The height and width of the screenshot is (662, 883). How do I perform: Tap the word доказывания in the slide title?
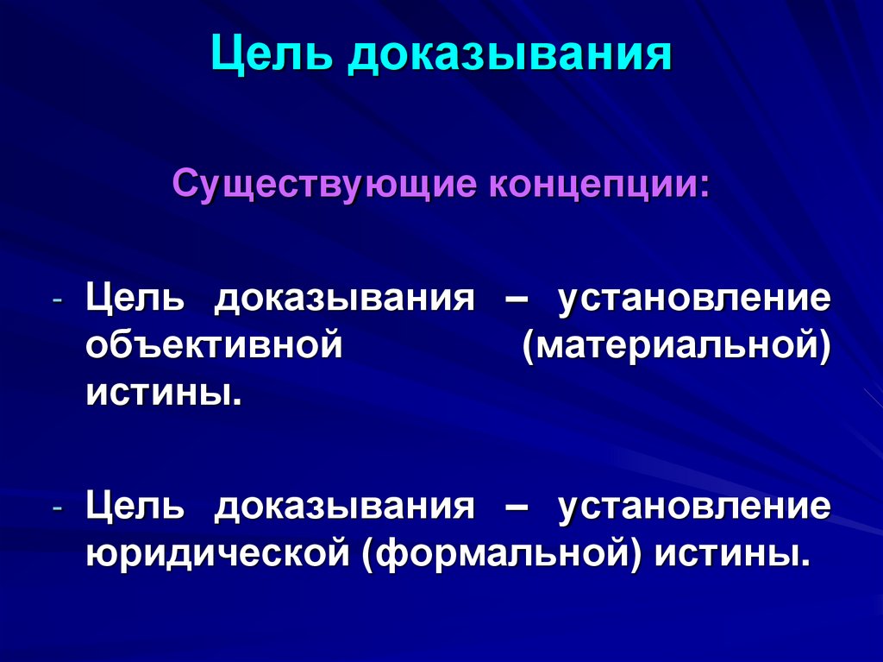click(x=510, y=56)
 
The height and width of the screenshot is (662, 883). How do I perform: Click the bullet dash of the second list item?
click(x=57, y=509)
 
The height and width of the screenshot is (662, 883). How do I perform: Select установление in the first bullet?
click(x=694, y=299)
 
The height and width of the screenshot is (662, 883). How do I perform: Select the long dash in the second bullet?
click(x=516, y=507)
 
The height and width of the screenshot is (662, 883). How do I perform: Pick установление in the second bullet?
click(x=694, y=505)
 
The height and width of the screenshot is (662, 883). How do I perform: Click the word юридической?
click(x=216, y=552)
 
